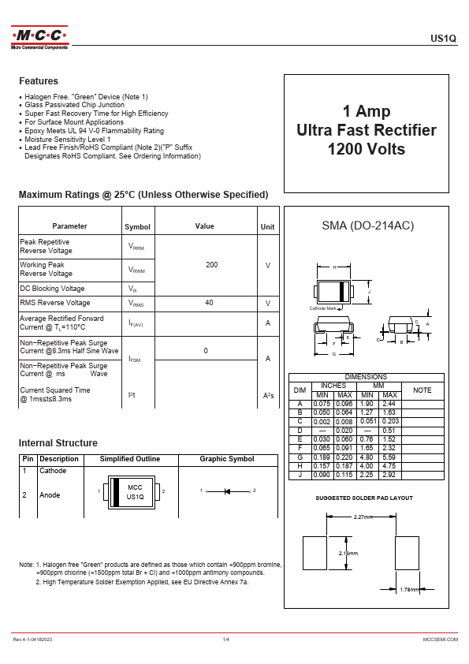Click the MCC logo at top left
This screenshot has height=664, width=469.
point(39,36)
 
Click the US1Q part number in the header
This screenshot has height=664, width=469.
point(444,38)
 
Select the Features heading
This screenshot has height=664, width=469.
point(39,81)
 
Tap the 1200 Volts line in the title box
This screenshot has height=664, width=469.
point(366,149)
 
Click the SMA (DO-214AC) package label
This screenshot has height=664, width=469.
point(368,226)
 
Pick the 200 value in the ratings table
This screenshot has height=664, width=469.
point(211,265)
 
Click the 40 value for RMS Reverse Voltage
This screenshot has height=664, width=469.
point(209,303)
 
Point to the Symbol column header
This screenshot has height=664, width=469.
point(137,227)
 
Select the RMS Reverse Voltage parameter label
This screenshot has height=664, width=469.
point(54,303)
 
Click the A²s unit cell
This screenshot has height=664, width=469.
point(268,395)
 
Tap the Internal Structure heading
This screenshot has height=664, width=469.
point(58,443)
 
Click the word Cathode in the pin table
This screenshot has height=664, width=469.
point(53,471)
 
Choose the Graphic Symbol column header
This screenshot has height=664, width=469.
point(227,459)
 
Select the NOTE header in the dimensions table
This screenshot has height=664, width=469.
point(422,390)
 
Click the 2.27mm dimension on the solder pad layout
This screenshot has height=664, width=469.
point(363,517)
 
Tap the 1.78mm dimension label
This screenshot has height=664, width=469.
point(410,590)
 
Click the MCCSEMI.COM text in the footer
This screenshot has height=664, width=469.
point(440,638)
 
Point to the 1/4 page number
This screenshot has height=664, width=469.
point(225,638)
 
